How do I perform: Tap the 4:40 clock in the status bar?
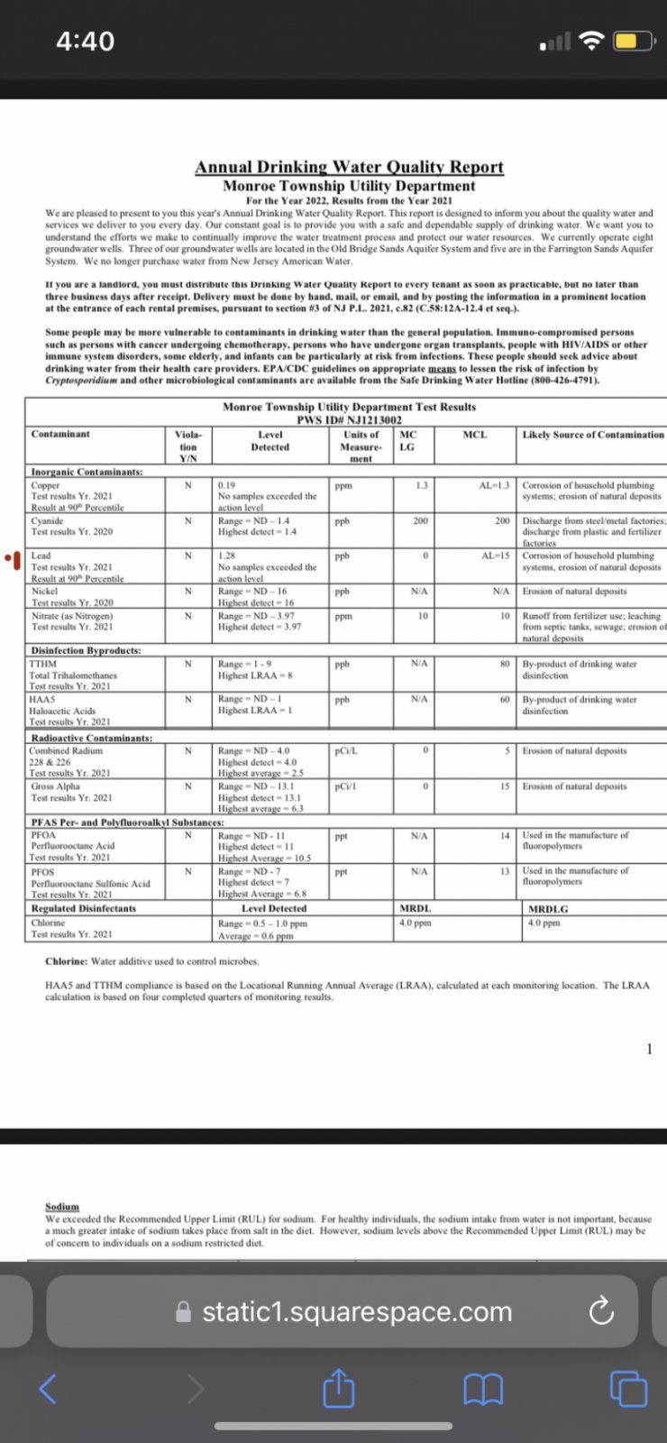pyautogui.click(x=85, y=41)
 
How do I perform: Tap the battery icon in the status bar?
pyautogui.click(x=633, y=41)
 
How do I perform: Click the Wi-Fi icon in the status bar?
pyautogui.click(x=591, y=41)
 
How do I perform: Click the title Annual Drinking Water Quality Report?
pyautogui.click(x=349, y=167)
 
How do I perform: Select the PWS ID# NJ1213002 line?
pyautogui.click(x=349, y=419)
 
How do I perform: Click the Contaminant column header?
pyautogui.click(x=60, y=435)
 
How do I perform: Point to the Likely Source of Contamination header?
pyautogui.click(x=593, y=435)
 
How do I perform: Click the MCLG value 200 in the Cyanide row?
pyautogui.click(x=420, y=520)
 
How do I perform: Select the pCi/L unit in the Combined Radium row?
pyautogui.click(x=346, y=750)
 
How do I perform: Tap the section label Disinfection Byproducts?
pyautogui.click(x=86, y=650)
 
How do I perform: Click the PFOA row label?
pyautogui.click(x=43, y=835)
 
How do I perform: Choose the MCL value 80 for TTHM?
pyautogui.click(x=505, y=664)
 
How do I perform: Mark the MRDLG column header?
pyautogui.click(x=548, y=909)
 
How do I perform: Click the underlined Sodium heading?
pyautogui.click(x=62, y=1207)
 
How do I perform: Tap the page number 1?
pyautogui.click(x=649, y=1048)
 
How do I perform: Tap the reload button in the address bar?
pyautogui.click(x=600, y=1311)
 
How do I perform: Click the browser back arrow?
pyautogui.click(x=48, y=1388)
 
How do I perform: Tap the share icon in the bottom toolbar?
pyautogui.click(x=338, y=1387)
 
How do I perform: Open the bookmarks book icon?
pyautogui.click(x=483, y=1388)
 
